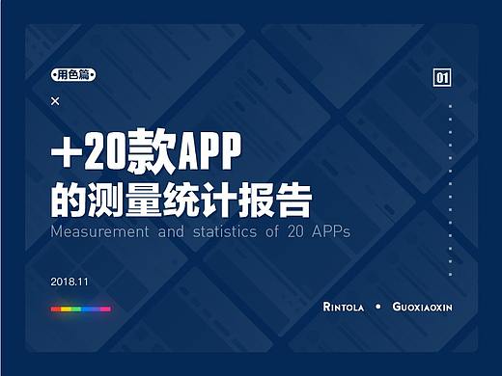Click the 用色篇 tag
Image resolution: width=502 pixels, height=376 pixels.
pos(74,74)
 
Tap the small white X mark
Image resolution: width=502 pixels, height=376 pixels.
pos(55,100)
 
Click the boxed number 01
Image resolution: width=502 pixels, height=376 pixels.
pos(443,78)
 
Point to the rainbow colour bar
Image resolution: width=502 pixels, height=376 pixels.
pos(80,309)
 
